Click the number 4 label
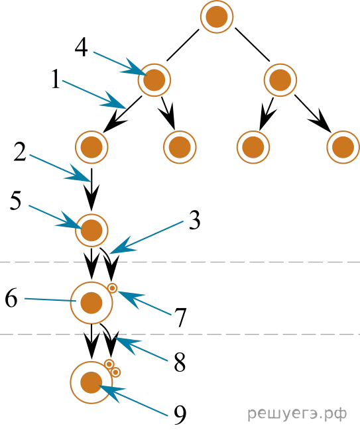(82, 48)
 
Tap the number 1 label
(56, 79)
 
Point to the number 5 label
(15, 201)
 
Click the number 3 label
(195, 220)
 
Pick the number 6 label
(11, 297)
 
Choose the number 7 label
(180, 317)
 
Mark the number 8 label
(180, 362)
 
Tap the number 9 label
(180, 415)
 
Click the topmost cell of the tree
(217, 17)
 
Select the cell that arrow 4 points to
(154, 80)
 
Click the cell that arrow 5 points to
(91, 230)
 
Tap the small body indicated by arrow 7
(112, 288)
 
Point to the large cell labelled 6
(91, 303)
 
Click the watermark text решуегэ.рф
(297, 414)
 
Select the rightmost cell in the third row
(343, 147)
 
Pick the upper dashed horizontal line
(180, 262)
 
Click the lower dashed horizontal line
(180, 334)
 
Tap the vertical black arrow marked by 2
(91, 189)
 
